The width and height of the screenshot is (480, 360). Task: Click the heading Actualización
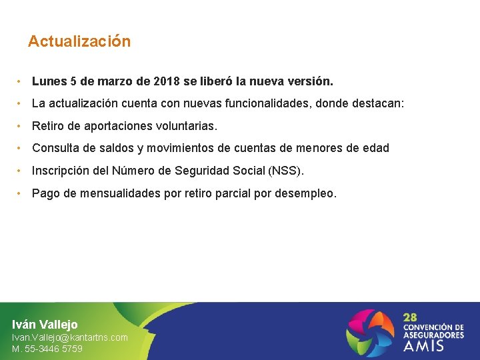tap(79, 41)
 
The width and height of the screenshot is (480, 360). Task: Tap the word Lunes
tap(49, 81)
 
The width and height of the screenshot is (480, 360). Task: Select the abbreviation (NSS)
tap(285, 171)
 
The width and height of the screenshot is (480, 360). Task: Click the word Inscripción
tap(63, 171)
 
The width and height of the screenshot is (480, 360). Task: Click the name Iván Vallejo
tap(45, 325)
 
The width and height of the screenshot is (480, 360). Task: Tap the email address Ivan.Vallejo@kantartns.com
tap(70, 337)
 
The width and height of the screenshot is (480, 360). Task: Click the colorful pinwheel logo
tap(370, 331)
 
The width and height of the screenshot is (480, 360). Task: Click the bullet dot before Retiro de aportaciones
tap(21, 126)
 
